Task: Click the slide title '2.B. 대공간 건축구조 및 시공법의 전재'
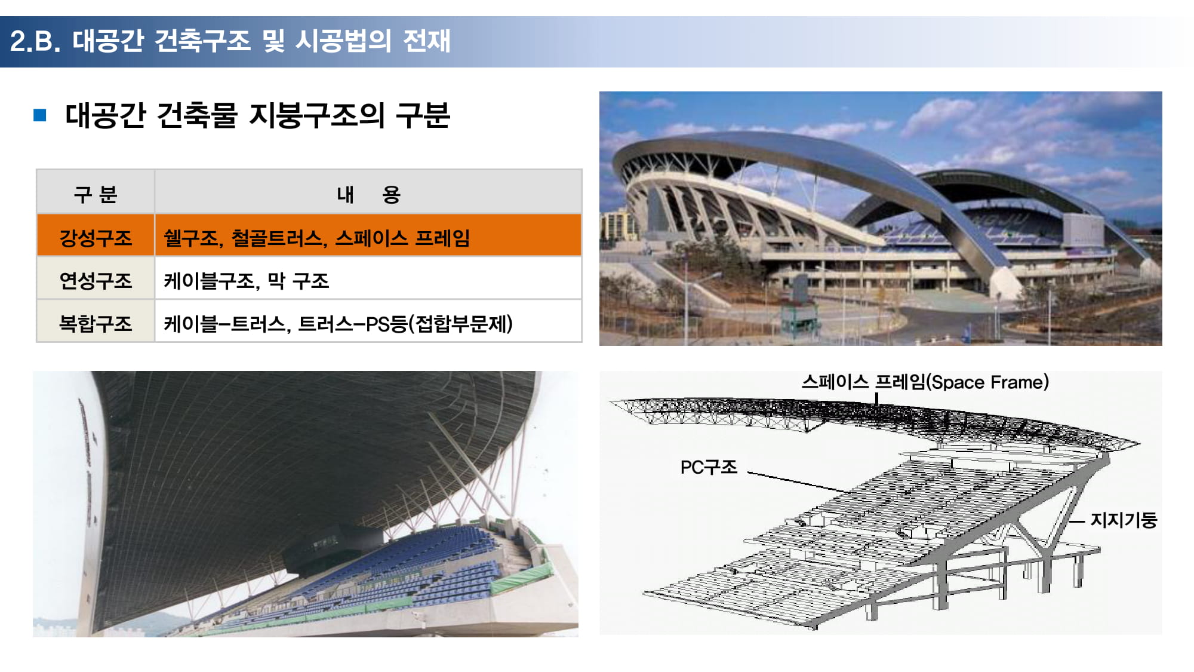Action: tap(230, 41)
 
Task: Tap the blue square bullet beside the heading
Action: tap(40, 115)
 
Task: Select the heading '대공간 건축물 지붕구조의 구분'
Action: tap(257, 115)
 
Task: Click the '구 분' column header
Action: tap(96, 194)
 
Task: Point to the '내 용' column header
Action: tap(368, 194)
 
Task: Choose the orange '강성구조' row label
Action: tap(96, 238)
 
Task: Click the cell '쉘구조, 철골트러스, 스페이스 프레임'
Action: tap(317, 238)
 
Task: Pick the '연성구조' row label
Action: tap(96, 281)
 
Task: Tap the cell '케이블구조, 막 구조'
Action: tap(247, 281)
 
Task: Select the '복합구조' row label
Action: tap(96, 324)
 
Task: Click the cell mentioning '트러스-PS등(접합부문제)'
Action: tap(338, 324)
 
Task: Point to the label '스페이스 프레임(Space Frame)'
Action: tap(925, 382)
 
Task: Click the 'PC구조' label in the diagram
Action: tap(709, 467)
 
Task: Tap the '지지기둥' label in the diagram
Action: tap(1124, 520)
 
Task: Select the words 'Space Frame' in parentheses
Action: tap(989, 382)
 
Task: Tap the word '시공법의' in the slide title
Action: tap(343, 41)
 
